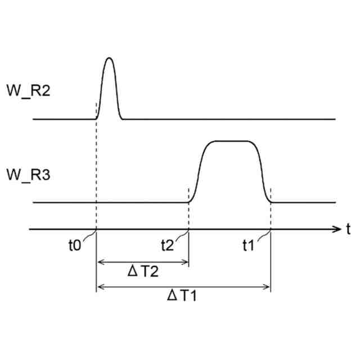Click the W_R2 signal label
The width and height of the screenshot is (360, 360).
tap(29, 90)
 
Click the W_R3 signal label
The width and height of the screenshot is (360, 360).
tap(29, 174)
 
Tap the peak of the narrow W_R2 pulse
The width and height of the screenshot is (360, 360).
tap(109, 58)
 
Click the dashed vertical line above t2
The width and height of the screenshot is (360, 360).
tap(188, 217)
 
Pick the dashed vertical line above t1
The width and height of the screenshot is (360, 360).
tap(271, 217)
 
